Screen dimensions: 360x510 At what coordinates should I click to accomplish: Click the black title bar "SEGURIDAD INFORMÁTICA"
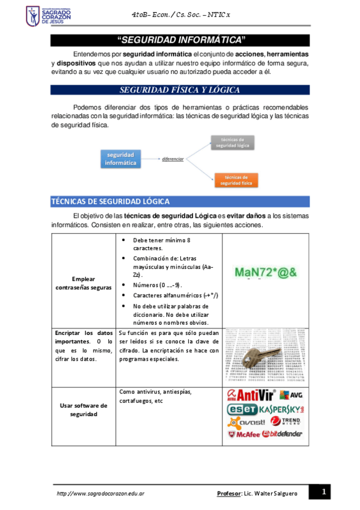(x=180, y=40)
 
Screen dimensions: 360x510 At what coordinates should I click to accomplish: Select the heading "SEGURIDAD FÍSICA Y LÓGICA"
(x=180, y=90)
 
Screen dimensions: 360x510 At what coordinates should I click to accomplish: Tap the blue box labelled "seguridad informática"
(x=120, y=159)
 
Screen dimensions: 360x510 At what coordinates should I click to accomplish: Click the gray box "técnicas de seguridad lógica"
(x=231, y=142)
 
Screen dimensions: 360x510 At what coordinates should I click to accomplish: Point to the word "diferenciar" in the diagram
(x=172, y=159)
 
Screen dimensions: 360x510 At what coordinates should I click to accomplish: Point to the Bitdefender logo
(x=282, y=434)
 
